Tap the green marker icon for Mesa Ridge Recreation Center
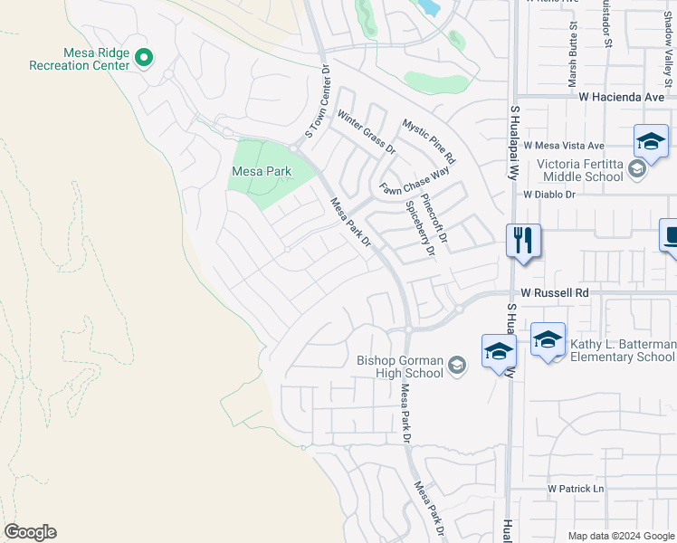point(144,59)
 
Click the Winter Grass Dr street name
point(367,131)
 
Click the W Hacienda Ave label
point(624,97)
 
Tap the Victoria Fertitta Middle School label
point(581,170)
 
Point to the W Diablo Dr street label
point(549,194)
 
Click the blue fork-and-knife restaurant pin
point(523,241)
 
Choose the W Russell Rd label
point(555,293)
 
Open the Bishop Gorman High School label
point(400,366)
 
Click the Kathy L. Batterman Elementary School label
point(623,350)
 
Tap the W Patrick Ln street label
point(575,489)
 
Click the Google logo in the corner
point(30,532)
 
